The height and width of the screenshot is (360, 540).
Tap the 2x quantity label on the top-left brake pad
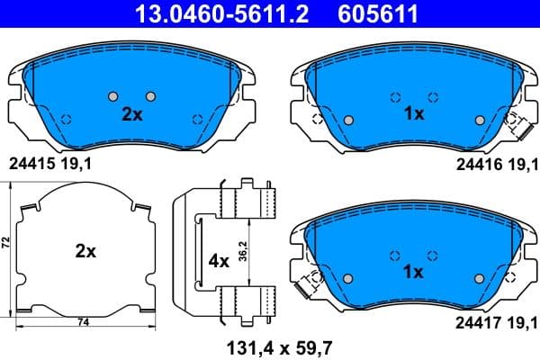(x=132, y=115)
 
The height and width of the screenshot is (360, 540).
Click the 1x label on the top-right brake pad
(x=414, y=115)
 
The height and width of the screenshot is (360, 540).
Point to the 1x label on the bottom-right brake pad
(x=414, y=272)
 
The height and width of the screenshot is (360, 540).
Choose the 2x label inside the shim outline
(x=85, y=252)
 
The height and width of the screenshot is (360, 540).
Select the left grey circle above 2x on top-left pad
(x=112, y=96)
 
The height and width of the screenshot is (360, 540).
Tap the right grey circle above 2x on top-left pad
(x=150, y=96)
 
